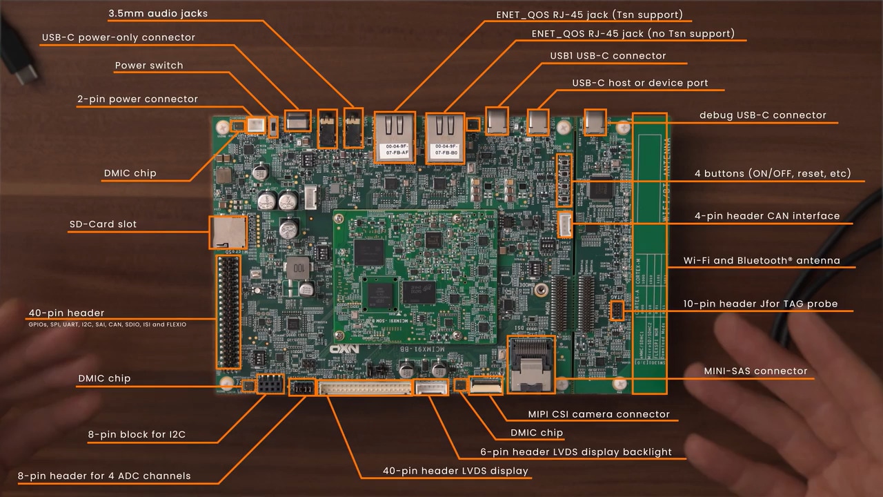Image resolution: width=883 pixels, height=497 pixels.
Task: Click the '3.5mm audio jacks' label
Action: click(158, 13)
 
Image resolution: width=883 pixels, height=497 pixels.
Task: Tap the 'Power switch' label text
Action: click(149, 66)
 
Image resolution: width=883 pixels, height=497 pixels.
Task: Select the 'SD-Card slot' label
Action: click(103, 224)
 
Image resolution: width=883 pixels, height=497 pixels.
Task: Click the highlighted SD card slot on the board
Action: click(227, 232)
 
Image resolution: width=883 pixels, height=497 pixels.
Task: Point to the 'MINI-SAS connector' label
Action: click(755, 371)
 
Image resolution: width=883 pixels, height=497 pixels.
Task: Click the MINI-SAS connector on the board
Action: click(531, 364)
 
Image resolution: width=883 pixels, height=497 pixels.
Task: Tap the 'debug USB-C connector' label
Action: click(762, 115)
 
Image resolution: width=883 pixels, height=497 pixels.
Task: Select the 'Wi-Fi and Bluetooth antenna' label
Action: click(762, 261)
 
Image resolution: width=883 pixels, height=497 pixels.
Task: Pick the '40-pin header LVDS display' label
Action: click(455, 471)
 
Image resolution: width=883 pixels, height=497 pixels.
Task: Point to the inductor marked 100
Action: click(298, 266)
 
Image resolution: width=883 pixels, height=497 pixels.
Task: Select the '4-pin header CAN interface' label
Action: click(766, 216)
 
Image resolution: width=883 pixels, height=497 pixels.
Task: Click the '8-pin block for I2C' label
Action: click(137, 435)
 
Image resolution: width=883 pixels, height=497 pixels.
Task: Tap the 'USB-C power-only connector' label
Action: click(118, 38)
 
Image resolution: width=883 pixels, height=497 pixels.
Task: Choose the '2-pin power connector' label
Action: click(137, 99)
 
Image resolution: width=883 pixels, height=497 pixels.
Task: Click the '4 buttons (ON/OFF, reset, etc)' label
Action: click(772, 174)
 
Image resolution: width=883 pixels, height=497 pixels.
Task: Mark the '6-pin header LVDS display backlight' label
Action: click(575, 452)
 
